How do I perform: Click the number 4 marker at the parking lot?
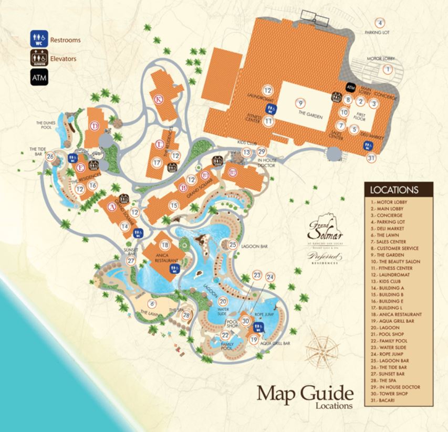tap(380, 23)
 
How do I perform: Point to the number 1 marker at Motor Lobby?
tap(388, 69)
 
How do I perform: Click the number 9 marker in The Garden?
tap(300, 102)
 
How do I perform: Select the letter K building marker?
tap(157, 99)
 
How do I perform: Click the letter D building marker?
tap(95, 125)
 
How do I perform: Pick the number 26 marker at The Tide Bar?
tap(50, 156)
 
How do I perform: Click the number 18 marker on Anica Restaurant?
tap(165, 245)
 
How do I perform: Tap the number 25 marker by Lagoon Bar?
tap(233, 244)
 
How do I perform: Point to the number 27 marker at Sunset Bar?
tap(131, 261)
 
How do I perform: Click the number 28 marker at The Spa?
tap(186, 315)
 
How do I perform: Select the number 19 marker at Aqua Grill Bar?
tap(254, 340)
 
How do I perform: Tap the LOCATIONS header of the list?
tap(399, 189)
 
